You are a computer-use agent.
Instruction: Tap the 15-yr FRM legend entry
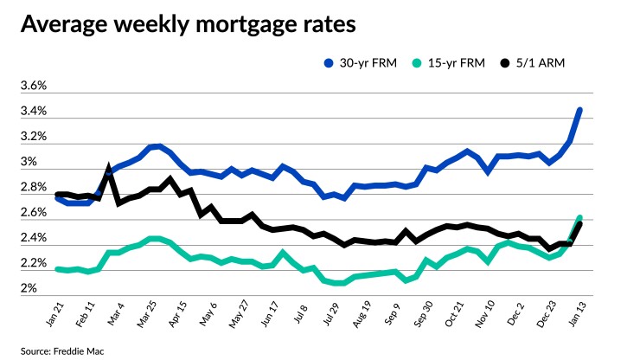[447, 63]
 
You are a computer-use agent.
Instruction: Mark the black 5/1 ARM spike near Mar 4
[109, 167]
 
